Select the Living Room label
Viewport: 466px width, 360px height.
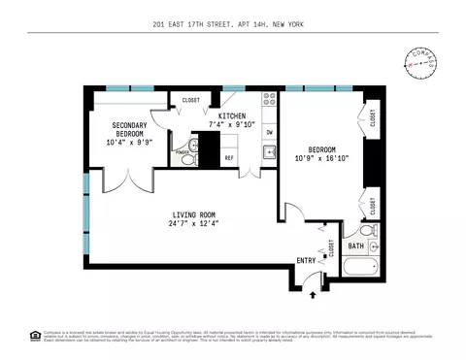(193, 214)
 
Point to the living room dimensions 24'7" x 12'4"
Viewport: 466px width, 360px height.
(193, 224)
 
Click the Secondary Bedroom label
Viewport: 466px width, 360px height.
(129, 130)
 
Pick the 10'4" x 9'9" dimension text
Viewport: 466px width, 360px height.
(129, 143)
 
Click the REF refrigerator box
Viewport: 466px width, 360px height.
(230, 157)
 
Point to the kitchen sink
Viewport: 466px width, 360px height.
(269, 152)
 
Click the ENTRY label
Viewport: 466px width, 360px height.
(306, 260)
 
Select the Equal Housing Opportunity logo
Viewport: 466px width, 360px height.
(36, 336)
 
